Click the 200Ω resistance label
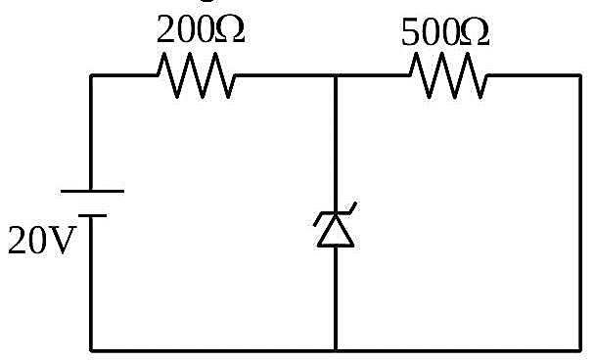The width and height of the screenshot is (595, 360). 201,29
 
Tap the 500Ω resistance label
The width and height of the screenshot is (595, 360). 445,32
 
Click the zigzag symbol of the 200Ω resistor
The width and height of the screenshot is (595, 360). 196,75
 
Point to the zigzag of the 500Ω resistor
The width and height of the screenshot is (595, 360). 448,75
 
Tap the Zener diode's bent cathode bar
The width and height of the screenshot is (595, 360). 335,214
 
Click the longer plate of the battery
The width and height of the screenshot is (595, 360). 92,191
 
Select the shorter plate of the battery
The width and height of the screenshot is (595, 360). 92,215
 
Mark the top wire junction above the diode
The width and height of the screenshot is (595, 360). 336,75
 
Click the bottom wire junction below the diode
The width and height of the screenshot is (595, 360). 336,350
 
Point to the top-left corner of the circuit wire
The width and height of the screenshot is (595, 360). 91,75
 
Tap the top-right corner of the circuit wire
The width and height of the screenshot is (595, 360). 580,75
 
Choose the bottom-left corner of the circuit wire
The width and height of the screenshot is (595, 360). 91,350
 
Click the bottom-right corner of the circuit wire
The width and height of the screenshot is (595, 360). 580,350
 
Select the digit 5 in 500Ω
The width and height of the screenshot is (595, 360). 410,32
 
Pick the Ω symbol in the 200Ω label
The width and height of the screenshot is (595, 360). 230,30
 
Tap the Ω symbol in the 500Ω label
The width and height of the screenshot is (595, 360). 474,32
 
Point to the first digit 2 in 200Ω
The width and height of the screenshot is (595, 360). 165,29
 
